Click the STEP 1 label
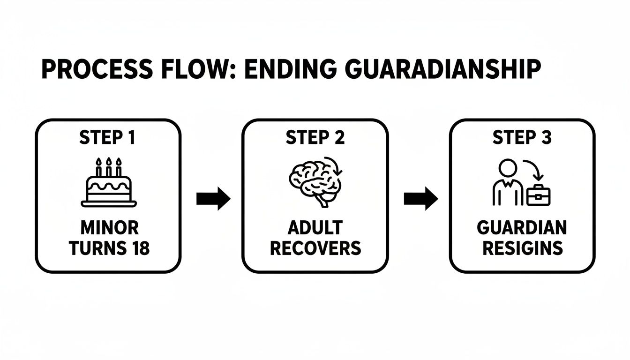click(108, 138)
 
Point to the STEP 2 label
click(315, 138)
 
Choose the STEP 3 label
click(522, 138)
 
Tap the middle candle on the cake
click(109, 167)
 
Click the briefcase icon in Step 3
click(539, 195)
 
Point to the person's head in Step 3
click(508, 168)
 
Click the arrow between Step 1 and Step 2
click(213, 199)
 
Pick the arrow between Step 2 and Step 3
click(420, 199)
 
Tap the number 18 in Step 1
click(138, 248)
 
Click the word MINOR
click(109, 228)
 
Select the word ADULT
click(315, 228)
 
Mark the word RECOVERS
click(315, 248)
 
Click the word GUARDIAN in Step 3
click(522, 228)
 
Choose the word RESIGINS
click(522, 248)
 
